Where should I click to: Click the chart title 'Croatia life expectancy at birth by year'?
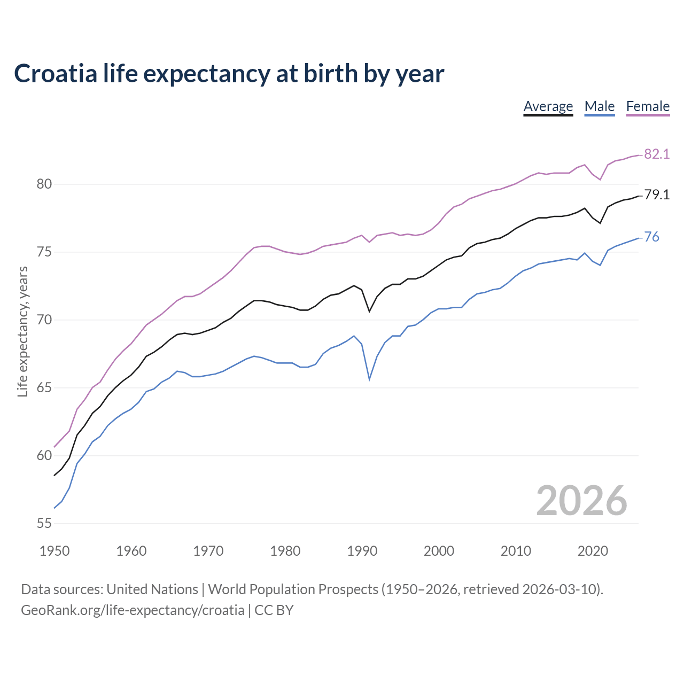click(x=229, y=74)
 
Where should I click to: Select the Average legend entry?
click(x=548, y=106)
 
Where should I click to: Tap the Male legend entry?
click(x=599, y=106)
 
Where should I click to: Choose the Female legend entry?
click(x=648, y=106)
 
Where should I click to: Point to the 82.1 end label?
click(x=657, y=154)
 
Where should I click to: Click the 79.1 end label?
click(x=657, y=195)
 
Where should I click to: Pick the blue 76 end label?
click(x=652, y=237)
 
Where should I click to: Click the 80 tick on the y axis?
click(x=44, y=184)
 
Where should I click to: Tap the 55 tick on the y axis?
click(x=44, y=523)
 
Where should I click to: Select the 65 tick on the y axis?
click(x=44, y=387)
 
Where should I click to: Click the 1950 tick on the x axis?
click(x=55, y=551)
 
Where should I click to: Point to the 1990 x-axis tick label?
click(x=362, y=551)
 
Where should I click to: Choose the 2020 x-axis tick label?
click(x=593, y=551)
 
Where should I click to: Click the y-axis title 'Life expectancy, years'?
click(x=23, y=331)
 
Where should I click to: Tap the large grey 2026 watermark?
click(x=581, y=501)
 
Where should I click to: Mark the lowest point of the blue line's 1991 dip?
click(x=369, y=379)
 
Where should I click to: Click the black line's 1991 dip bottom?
click(x=369, y=311)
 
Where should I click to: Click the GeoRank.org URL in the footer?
click(x=133, y=610)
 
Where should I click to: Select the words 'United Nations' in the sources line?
click(x=152, y=589)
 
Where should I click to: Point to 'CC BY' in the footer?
click(x=274, y=610)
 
